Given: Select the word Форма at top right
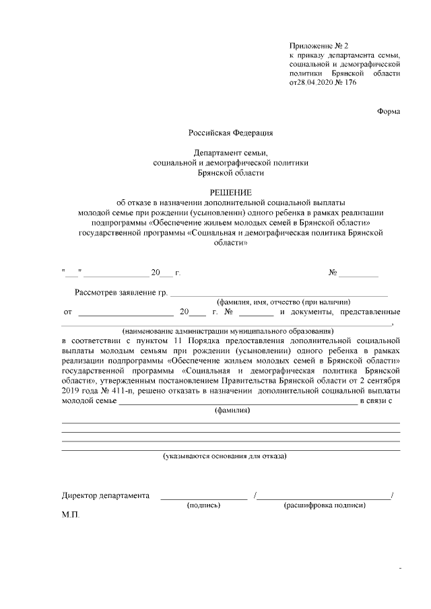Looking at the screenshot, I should (389, 111).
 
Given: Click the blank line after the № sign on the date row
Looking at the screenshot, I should (358, 275).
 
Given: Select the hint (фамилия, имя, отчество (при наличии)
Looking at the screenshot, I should (283, 302).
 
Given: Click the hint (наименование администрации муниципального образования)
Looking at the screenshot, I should (228, 331).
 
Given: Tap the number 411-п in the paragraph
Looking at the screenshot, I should (116, 390).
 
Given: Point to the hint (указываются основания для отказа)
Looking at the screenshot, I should (224, 456).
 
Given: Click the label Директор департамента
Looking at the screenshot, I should (106, 496).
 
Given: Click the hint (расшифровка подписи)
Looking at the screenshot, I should (325, 505).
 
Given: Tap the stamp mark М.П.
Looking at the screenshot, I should (70, 515).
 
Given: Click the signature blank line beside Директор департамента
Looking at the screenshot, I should (203, 497).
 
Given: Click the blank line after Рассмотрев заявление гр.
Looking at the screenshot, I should (279, 294).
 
